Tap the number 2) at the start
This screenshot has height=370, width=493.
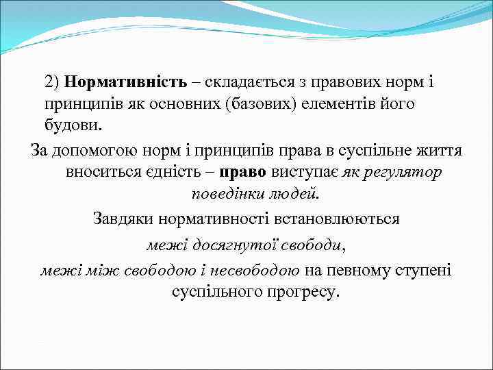(53, 82)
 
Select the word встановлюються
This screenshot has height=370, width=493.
(330, 219)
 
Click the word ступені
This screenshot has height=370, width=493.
(420, 269)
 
